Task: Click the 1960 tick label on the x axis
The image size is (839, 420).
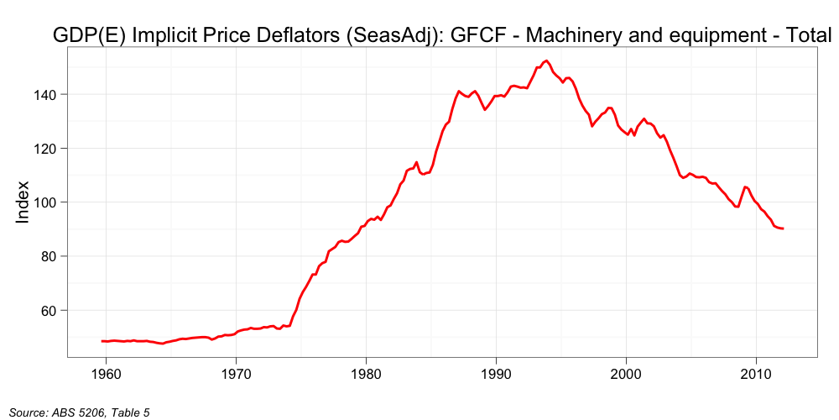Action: (x=106, y=373)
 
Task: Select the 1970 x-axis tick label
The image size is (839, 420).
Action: (x=236, y=373)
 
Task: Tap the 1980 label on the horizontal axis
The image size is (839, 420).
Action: (x=366, y=373)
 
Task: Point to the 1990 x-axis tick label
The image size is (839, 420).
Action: (x=496, y=373)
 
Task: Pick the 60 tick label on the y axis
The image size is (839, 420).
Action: (x=50, y=310)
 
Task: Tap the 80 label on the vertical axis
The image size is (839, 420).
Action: (x=50, y=256)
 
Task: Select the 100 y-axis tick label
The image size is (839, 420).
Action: (x=45, y=202)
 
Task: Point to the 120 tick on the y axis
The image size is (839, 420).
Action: (x=45, y=149)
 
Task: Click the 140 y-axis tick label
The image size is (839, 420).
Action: (x=45, y=95)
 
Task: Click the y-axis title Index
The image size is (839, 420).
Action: (x=23, y=202)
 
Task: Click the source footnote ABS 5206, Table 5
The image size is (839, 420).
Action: (x=80, y=411)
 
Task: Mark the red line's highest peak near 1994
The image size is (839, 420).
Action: (x=546, y=60)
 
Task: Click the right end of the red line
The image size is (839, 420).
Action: (x=783, y=228)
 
